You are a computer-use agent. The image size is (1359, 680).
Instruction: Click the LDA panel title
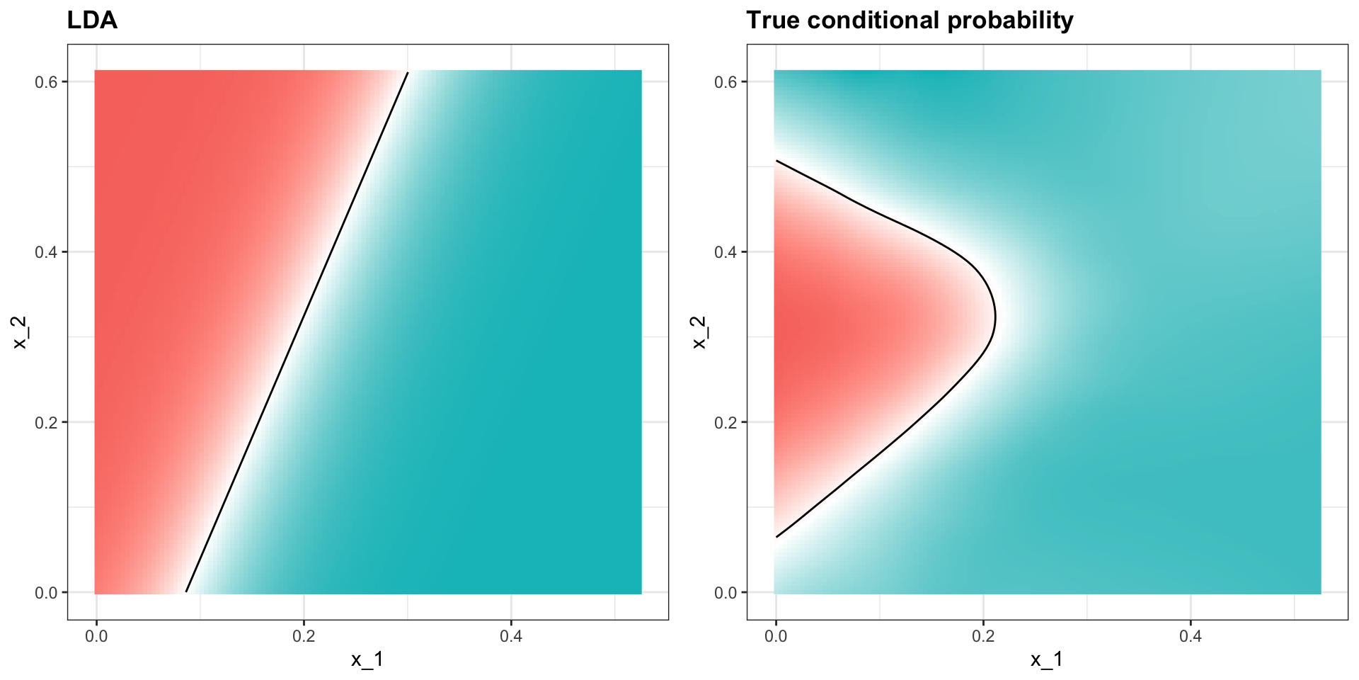coord(92,21)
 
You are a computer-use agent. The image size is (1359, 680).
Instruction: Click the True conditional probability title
coord(910,21)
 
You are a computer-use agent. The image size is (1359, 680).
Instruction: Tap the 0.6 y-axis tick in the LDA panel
coord(47,82)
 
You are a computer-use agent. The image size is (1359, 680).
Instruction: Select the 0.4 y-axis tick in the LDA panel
coord(47,252)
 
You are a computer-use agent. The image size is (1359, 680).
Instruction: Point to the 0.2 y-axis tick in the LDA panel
coord(47,423)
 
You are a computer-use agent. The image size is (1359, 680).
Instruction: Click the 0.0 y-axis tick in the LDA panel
coord(47,593)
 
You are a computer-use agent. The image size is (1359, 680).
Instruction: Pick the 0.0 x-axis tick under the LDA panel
coord(96,636)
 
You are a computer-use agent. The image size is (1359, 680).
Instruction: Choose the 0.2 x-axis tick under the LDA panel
coord(304,636)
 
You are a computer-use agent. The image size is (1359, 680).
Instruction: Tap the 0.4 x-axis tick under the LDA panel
coord(511,636)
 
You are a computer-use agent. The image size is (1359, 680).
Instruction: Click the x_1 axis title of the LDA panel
coord(367,660)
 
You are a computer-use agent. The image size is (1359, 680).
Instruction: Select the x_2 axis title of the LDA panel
coord(20,331)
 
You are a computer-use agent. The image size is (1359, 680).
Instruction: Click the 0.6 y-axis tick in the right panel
coord(726,82)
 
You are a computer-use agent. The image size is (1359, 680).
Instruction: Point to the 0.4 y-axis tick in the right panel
coord(726,252)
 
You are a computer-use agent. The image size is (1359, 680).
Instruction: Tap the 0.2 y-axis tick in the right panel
coord(726,423)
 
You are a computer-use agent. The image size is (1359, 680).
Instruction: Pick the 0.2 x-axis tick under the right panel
coord(983,636)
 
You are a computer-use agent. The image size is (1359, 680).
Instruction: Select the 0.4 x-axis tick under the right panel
coord(1191,636)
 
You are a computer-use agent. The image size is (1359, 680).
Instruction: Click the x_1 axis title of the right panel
coord(1047,660)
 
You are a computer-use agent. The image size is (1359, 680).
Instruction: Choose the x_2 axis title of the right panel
coord(699,331)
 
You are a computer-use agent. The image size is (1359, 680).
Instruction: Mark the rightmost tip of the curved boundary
coord(995,318)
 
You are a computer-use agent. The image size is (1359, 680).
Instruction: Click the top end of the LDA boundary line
coord(408,72)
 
